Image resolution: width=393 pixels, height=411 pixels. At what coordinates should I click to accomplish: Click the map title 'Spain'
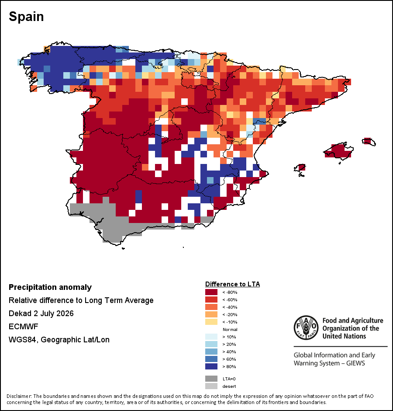tap(26, 17)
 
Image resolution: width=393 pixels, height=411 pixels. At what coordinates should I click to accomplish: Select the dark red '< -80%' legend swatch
tap(211, 292)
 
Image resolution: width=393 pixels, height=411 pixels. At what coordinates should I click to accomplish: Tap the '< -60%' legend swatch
tap(211, 300)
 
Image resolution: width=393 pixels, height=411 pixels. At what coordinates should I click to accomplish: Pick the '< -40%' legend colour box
tap(211, 307)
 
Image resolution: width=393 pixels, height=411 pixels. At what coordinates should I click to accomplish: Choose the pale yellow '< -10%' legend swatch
tap(211, 322)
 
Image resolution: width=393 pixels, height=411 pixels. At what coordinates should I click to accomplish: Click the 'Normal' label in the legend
tap(230, 330)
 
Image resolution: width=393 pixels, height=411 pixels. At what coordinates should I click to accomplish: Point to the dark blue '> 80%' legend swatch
tap(211, 366)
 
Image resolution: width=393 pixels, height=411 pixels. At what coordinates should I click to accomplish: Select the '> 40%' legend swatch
tap(211, 352)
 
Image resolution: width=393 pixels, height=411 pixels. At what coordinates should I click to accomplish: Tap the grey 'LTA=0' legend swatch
tap(211, 379)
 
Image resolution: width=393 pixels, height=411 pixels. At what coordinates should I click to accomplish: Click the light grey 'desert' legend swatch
tap(211, 386)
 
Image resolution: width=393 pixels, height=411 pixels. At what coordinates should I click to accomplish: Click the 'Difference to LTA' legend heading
tap(232, 284)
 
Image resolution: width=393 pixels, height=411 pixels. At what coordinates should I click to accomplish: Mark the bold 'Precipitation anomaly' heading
tap(50, 287)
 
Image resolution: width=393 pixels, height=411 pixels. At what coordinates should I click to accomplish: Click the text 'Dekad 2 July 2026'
tap(41, 313)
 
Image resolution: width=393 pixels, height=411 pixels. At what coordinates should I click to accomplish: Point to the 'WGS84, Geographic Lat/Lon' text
tap(59, 340)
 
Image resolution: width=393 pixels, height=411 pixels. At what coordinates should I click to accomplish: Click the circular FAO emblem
tap(306, 327)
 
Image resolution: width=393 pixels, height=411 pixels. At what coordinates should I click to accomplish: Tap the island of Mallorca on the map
tap(339, 150)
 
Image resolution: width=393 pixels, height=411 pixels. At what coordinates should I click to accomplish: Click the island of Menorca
tap(369, 142)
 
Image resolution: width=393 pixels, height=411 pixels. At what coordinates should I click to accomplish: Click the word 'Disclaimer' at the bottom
tap(19, 396)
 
